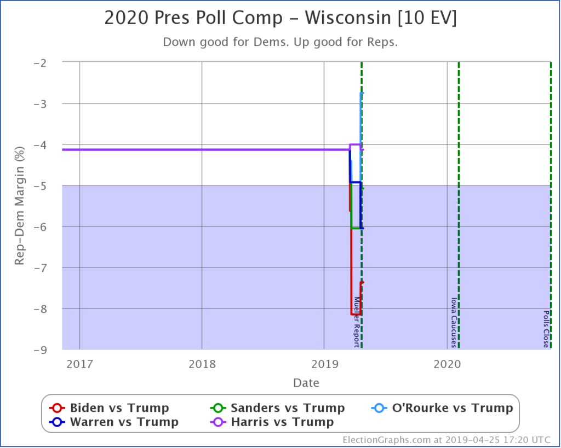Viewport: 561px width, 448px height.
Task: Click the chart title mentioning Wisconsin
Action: click(x=280, y=18)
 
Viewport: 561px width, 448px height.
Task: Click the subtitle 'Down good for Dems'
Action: click(x=280, y=42)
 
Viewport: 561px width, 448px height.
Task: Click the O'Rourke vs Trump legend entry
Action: click(x=442, y=408)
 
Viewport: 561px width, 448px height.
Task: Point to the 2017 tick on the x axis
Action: click(x=79, y=364)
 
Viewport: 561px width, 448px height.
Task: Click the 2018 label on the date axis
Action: click(x=202, y=364)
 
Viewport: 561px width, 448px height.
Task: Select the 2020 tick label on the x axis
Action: click(x=447, y=364)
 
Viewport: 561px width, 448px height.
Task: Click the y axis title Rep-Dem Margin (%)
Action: click(x=20, y=206)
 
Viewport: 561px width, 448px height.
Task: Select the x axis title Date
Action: click(x=306, y=382)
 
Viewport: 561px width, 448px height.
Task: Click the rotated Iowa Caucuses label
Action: click(x=453, y=322)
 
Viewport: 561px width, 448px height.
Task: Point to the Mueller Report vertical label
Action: click(x=356, y=322)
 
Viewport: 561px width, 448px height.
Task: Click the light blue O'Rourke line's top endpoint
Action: click(x=362, y=93)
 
